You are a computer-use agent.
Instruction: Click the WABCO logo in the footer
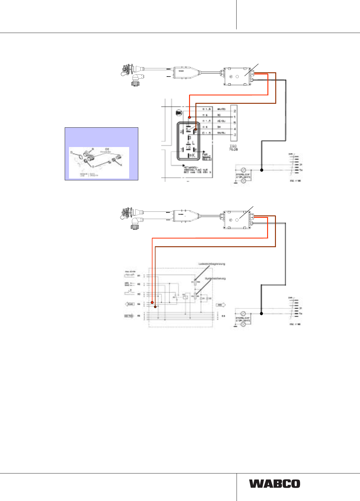[275, 483]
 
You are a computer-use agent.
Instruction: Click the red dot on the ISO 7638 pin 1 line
[189, 117]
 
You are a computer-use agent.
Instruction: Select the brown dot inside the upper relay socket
[196, 129]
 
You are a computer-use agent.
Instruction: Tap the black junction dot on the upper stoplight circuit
[262, 170]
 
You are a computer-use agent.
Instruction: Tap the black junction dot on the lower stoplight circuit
[262, 313]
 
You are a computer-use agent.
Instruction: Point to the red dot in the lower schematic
[152, 303]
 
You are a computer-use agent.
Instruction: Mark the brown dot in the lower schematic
[155, 307]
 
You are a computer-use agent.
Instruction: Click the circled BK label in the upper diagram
[179, 113]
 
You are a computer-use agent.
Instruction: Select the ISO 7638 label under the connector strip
[233, 147]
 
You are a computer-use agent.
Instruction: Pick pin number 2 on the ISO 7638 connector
[235, 111]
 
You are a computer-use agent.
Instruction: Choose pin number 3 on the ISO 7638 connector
[235, 135]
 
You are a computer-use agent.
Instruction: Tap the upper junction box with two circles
[237, 77]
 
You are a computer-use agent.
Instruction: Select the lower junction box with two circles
[237, 220]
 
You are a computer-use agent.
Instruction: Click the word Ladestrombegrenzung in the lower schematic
[212, 264]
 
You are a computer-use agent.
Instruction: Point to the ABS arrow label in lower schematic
[220, 305]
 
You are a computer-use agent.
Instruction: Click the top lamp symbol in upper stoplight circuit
[243, 170]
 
